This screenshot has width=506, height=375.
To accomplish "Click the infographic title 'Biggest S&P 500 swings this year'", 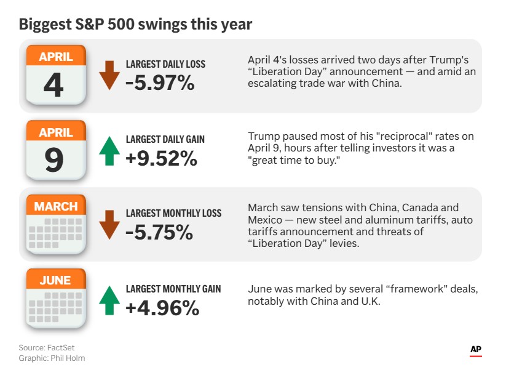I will (x=135, y=25).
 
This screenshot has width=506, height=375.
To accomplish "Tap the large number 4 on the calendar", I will (x=53, y=85).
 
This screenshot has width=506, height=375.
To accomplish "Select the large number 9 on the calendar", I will (x=54, y=159).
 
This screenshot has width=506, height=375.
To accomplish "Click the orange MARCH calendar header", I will (x=56, y=206).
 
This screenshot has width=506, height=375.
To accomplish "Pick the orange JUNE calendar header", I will (x=55, y=280).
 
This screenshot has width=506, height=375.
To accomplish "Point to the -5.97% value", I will (x=160, y=83).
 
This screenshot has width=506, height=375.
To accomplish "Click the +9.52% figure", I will (x=161, y=158).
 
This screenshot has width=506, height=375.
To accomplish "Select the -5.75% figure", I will (x=159, y=232).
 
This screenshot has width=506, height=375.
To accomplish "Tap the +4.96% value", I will (x=162, y=307).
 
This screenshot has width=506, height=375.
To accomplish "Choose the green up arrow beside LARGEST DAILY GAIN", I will (x=109, y=150).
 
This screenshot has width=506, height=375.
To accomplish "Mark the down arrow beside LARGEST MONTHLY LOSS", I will (x=109, y=224).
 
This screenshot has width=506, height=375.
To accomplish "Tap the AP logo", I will (x=475, y=350).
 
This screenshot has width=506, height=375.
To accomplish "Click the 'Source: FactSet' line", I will (x=47, y=348).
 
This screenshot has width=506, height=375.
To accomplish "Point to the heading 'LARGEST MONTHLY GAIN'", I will (x=173, y=289).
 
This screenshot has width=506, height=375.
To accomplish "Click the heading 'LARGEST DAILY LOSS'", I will (x=165, y=64).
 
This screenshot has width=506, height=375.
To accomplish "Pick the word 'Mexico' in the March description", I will (x=264, y=220).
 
